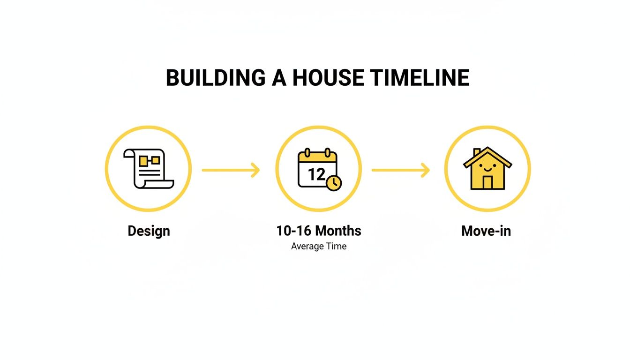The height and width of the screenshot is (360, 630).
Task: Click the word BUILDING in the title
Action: coord(215,78)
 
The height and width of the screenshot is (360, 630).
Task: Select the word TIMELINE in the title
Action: coord(420,78)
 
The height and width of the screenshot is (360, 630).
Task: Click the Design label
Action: coord(149,231)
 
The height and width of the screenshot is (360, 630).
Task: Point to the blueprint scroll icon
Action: coord(149,169)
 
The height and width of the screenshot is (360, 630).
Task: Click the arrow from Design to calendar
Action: coord(231,170)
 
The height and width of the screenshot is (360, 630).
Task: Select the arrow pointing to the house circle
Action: coord(400,170)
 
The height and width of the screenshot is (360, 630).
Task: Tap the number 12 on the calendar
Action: coord(316,174)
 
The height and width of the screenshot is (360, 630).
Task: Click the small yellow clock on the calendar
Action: coord(334,183)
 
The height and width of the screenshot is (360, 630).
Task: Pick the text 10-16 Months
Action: coord(319,231)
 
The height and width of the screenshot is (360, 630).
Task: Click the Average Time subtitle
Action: coord(319,246)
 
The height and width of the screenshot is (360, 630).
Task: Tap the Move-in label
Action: coord(486,231)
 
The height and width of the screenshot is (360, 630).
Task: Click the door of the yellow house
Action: coord(487,182)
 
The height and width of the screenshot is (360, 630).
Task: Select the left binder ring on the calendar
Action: coord(307,153)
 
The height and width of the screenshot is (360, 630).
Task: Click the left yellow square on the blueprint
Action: coord(143,161)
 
